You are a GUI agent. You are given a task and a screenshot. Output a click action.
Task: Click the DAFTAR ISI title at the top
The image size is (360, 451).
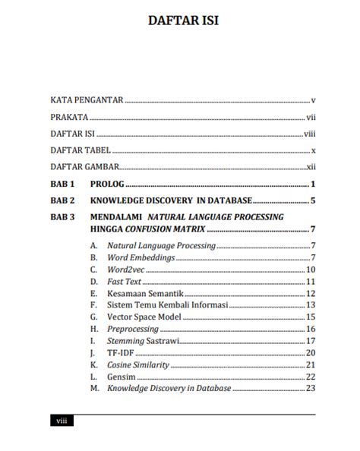point(182,21)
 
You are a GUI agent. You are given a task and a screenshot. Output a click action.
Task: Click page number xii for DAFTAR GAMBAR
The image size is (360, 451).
point(311,167)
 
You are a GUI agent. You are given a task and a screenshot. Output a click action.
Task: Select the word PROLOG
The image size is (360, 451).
point(106,184)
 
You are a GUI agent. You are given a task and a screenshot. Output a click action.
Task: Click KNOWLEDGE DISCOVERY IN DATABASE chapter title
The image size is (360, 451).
point(171,201)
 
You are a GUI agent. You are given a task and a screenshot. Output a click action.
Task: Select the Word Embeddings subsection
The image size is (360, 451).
point(141,257)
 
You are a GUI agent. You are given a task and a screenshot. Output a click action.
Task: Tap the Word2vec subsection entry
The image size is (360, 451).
point(128,270)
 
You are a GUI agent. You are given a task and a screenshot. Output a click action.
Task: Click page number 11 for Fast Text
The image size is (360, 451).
point(311,282)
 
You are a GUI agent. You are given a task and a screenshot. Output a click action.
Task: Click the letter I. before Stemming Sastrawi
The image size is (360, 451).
point(93,341)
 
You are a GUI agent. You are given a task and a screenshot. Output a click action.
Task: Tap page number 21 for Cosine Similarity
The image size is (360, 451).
point(311,364)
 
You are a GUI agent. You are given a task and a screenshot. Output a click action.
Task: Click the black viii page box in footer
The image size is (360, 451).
point(62,421)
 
